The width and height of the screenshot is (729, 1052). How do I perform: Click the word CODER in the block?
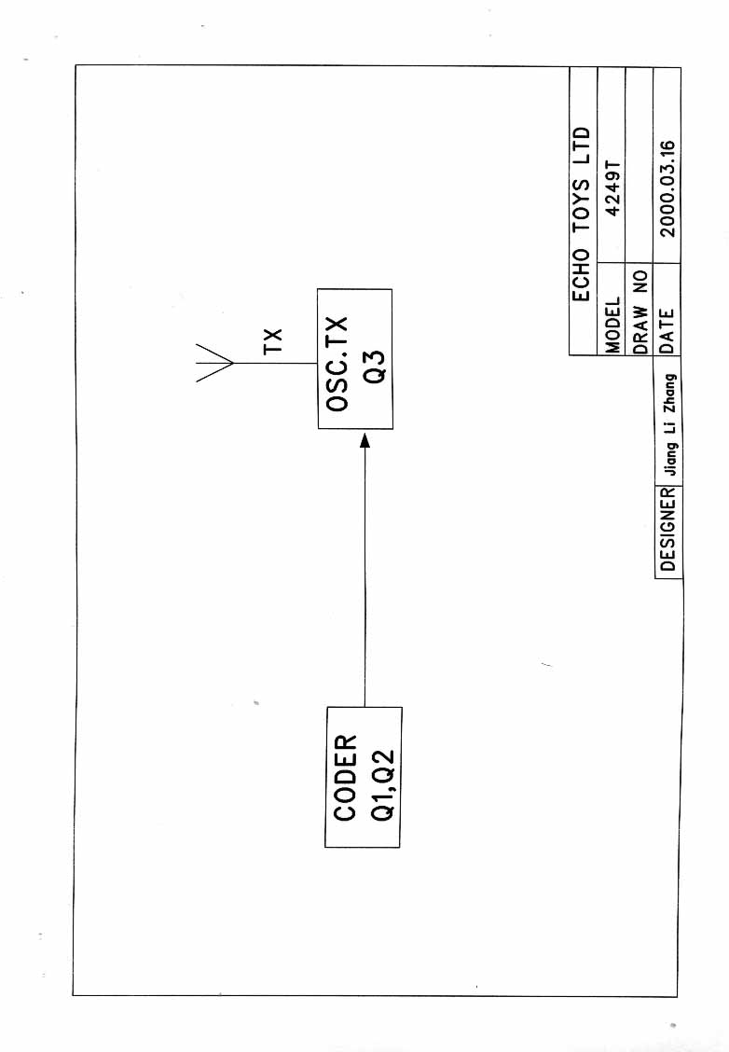346,778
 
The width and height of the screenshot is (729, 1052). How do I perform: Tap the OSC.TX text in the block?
337,364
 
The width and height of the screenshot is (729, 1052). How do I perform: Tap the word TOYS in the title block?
582,200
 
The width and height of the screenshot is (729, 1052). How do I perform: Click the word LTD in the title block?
582,140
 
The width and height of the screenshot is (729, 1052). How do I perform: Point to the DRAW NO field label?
640,311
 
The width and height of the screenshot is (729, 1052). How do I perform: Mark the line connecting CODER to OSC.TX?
364,578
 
